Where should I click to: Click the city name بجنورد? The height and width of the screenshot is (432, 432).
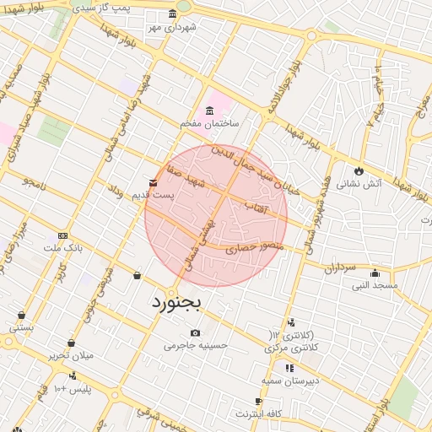coord(177,301)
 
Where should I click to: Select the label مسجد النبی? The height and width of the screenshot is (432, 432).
coord(375,285)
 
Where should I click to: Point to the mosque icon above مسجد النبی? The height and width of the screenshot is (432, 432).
coord(375,273)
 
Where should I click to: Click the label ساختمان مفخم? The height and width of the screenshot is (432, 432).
coord(209,123)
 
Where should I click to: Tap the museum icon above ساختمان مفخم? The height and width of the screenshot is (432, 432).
coord(209,111)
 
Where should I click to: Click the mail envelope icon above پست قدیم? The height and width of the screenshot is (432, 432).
coord(153,182)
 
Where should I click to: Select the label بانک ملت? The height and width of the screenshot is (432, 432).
coord(63,248)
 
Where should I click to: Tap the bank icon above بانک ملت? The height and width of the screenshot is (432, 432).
coord(62,235)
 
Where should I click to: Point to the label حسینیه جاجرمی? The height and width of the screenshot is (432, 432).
coord(196,345)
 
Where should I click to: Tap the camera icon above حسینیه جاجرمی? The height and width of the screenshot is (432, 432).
coord(196,332)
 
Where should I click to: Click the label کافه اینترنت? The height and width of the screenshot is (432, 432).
coord(257,413)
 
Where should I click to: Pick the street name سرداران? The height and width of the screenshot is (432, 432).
coord(342,268)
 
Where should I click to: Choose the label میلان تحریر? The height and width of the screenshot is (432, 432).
coord(71,355)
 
